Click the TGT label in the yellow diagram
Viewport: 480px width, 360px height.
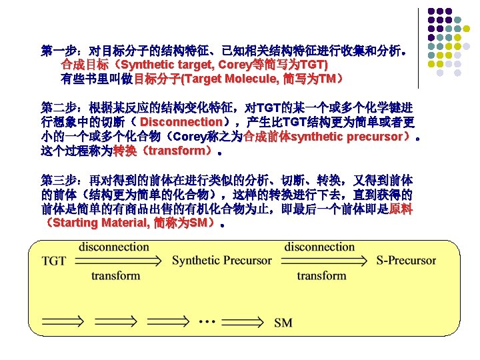(54, 261)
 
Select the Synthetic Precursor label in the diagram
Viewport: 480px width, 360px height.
(221, 261)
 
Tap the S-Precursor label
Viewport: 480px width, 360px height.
(406, 261)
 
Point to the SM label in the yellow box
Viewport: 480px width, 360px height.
(283, 323)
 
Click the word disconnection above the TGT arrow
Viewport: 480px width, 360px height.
(114, 247)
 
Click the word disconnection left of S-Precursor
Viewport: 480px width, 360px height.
(319, 247)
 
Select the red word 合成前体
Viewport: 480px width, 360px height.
(267, 137)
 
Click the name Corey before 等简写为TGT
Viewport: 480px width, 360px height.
(233, 65)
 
